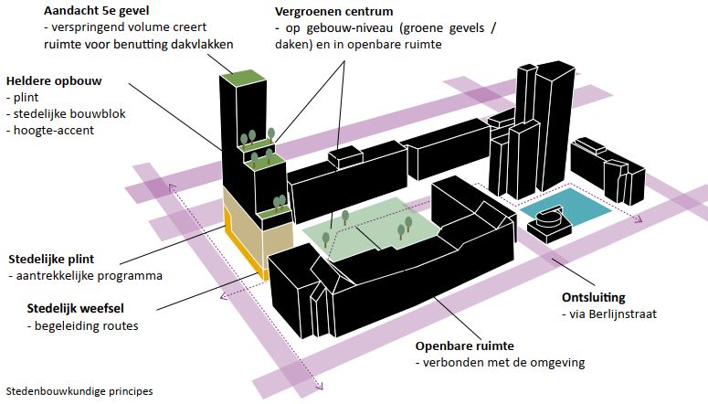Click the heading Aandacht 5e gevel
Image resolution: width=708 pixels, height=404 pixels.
pos(96,10)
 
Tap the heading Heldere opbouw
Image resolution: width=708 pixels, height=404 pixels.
pos(53,80)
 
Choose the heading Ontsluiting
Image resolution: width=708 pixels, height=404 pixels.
pos(594,298)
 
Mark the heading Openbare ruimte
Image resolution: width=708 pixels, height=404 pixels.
pos(465,346)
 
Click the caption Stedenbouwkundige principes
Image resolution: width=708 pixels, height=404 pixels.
pos(79,390)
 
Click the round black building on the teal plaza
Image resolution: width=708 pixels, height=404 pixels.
pos(549,220)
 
